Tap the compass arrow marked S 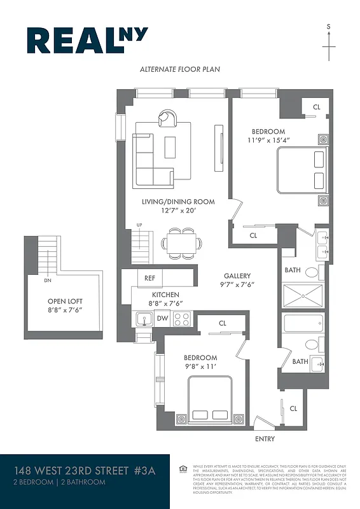click(x=329, y=45)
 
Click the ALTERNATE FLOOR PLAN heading click(x=180, y=69)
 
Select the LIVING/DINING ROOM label click(x=177, y=202)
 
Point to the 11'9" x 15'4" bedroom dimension click(x=268, y=140)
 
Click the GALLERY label click(x=238, y=276)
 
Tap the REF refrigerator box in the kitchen click(x=150, y=278)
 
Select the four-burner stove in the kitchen click(x=182, y=319)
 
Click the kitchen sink click(x=143, y=319)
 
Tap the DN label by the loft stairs click(x=48, y=280)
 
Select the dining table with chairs click(x=181, y=242)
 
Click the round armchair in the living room click(x=168, y=118)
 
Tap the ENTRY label click(x=265, y=438)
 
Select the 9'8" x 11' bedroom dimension click(x=200, y=366)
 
